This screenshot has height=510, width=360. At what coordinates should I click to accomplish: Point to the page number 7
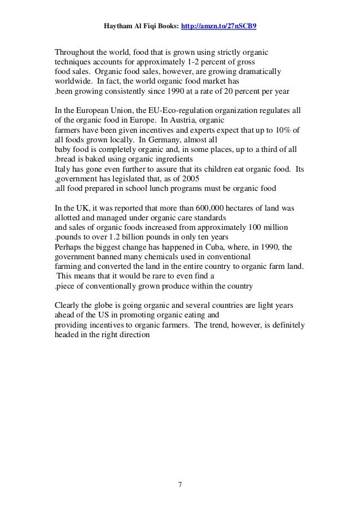(179, 484)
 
